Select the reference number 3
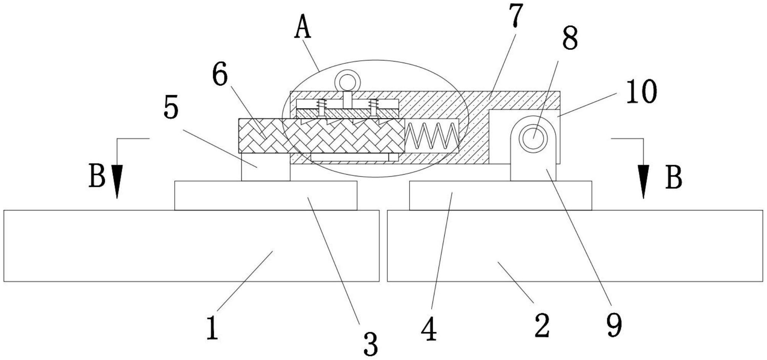370,344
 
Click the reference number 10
642,92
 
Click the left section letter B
97,176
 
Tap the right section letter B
674,178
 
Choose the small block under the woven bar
266,167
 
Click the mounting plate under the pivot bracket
500,196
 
